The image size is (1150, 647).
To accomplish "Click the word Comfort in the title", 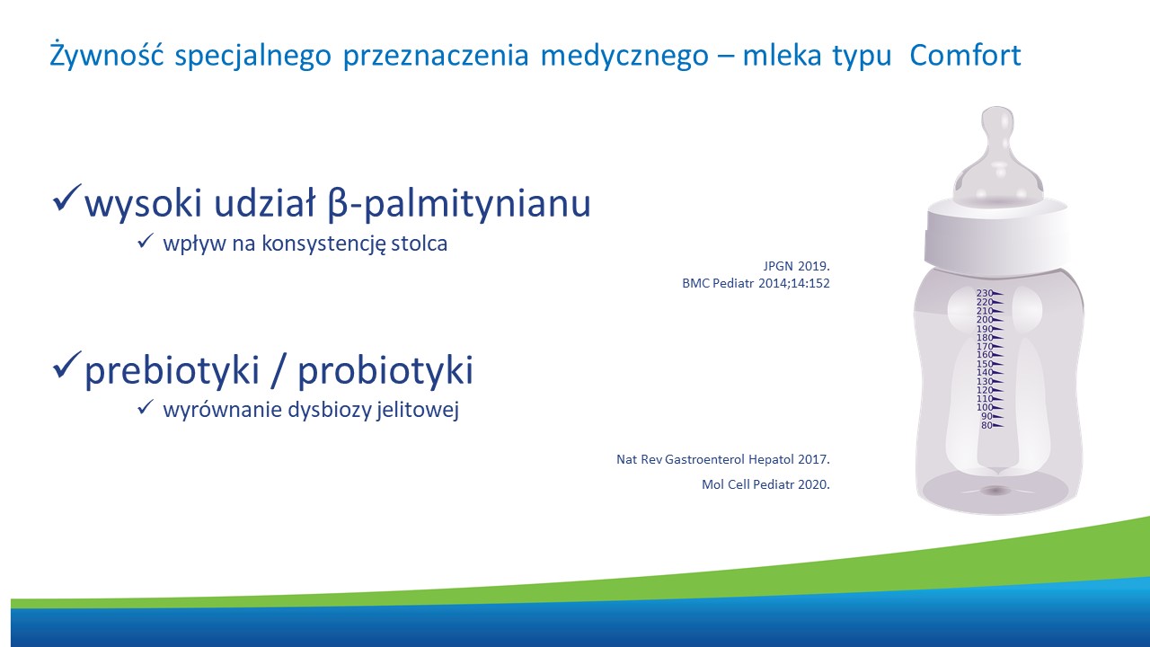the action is click(x=965, y=56).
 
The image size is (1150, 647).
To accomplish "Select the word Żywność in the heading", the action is click(x=107, y=55).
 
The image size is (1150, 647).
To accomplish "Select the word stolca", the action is click(x=419, y=243).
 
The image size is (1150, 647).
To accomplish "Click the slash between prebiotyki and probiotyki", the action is click(x=278, y=369).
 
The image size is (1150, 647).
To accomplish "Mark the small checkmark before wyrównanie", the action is click(x=146, y=407).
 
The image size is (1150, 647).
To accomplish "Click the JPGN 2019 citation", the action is click(x=796, y=266).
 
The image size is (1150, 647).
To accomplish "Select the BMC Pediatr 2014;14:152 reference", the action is click(x=756, y=283).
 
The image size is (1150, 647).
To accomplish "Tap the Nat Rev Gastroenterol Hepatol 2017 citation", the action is click(x=723, y=459).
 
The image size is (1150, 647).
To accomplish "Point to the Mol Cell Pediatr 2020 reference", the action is click(x=765, y=484).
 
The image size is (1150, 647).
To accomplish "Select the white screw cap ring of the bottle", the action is click(x=997, y=235).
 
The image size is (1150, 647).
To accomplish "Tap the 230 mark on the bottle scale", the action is click(x=989, y=293).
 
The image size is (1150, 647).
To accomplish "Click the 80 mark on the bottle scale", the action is click(x=991, y=425).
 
